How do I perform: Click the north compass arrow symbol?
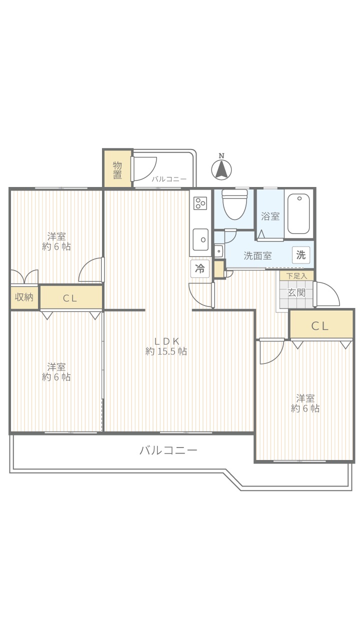click(x=221, y=168)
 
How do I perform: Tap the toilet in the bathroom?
click(x=234, y=204)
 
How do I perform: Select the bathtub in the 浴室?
click(x=298, y=213)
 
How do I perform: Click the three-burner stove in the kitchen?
click(x=200, y=203)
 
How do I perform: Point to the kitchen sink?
click(x=200, y=239)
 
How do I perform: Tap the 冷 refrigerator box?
click(x=199, y=268)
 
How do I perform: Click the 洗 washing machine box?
click(x=301, y=254)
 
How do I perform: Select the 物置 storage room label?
click(x=117, y=170)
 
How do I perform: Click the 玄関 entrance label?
click(x=296, y=292)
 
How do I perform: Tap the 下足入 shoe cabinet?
click(x=296, y=275)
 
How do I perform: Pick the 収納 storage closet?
click(x=24, y=297)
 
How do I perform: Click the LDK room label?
click(x=167, y=341)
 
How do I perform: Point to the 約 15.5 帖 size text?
click(x=166, y=351)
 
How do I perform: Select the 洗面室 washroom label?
click(x=257, y=255)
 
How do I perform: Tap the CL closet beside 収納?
click(x=71, y=297)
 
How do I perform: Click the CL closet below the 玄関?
click(x=321, y=325)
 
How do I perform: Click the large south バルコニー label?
click(x=168, y=450)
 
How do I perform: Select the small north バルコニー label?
click(x=169, y=179)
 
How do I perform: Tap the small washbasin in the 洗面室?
click(x=218, y=251)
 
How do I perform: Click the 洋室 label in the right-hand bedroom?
click(x=305, y=398)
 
